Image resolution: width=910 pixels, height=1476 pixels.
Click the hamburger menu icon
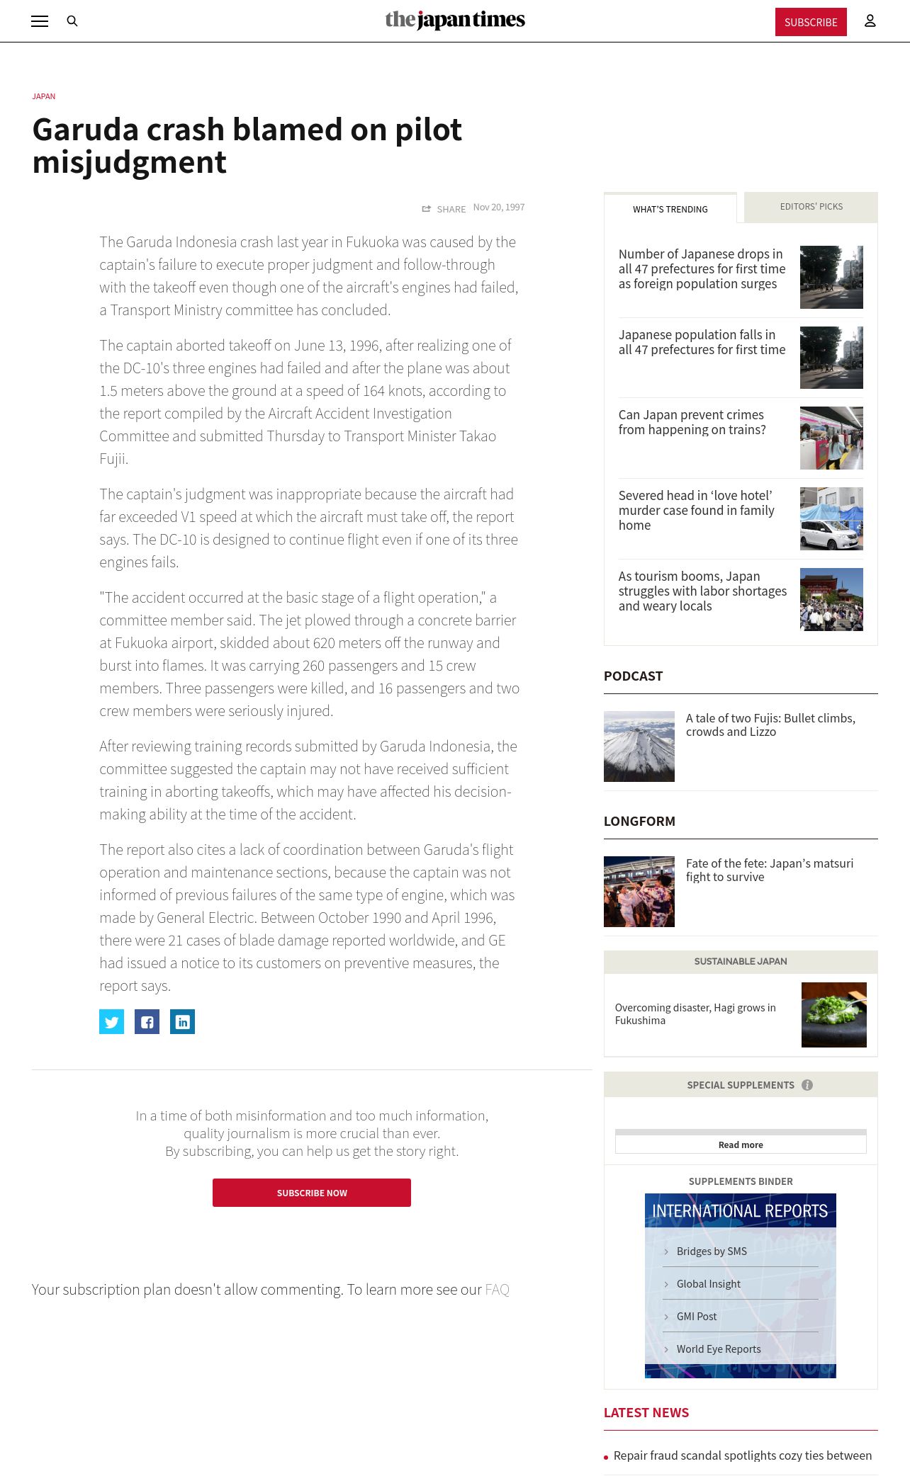pyautogui.click(x=40, y=21)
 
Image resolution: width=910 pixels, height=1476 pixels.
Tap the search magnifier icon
pyautogui.click(x=72, y=21)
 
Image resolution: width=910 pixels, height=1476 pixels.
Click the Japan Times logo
pyautogui.click(x=455, y=20)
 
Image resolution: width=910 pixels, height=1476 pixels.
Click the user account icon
pyautogui.click(x=870, y=21)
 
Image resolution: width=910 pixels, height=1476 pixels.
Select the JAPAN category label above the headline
pyautogui.click(x=44, y=96)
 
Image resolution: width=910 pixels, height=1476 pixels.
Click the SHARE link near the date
pyautogui.click(x=444, y=209)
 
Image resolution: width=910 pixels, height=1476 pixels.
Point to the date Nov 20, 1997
pyautogui.click(x=499, y=208)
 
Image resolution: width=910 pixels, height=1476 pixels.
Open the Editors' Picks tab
pyautogui.click(x=811, y=207)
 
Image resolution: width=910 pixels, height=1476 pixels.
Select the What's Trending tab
pyautogui.click(x=670, y=209)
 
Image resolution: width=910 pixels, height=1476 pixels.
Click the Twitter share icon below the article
pyautogui.click(x=111, y=1021)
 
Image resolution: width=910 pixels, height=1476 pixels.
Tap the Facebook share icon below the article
pyautogui.click(x=147, y=1021)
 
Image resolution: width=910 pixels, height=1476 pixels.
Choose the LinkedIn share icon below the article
pyautogui.click(x=182, y=1021)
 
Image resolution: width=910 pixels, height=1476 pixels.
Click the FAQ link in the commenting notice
pyautogui.click(x=497, y=1290)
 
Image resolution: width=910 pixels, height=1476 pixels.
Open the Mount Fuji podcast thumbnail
pyautogui.click(x=639, y=746)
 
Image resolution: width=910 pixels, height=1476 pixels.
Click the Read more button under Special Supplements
pyautogui.click(x=741, y=1145)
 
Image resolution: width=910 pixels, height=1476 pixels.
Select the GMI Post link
pyautogui.click(x=697, y=1317)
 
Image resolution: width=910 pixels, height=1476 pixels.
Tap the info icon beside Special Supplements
pyautogui.click(x=807, y=1085)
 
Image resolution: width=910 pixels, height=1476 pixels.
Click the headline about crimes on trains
pyautogui.click(x=692, y=422)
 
